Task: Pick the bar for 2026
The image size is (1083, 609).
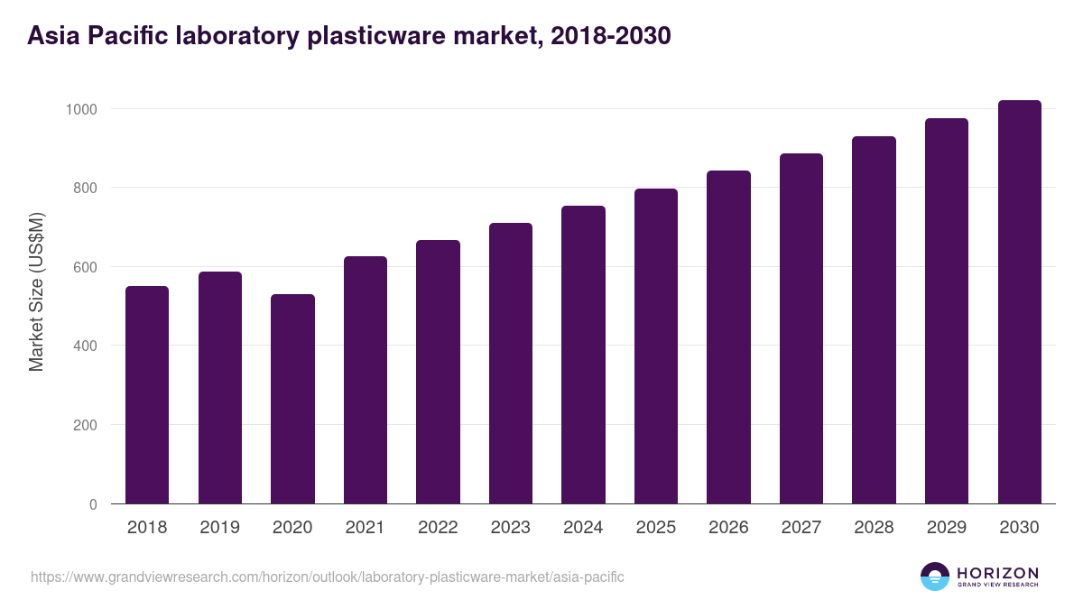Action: (728, 337)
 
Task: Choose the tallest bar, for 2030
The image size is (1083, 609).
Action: (1019, 302)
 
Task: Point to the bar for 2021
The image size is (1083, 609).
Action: (366, 380)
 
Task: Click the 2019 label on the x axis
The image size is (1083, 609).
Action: (220, 528)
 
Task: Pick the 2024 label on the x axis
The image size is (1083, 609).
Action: (583, 528)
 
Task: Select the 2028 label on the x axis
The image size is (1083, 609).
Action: (874, 528)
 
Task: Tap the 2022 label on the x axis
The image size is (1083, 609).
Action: (438, 528)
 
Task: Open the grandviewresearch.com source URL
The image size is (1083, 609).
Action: (328, 577)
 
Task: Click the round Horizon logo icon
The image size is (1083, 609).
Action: (935, 577)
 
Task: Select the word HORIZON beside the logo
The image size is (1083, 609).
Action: (997, 572)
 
